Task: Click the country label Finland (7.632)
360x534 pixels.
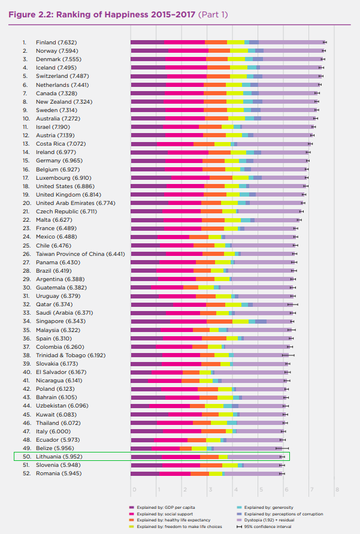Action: [56, 42]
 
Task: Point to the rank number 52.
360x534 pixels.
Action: [26, 473]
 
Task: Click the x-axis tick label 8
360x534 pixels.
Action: [337, 489]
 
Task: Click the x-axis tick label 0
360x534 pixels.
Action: [134, 489]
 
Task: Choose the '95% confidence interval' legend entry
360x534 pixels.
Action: [270, 526]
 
